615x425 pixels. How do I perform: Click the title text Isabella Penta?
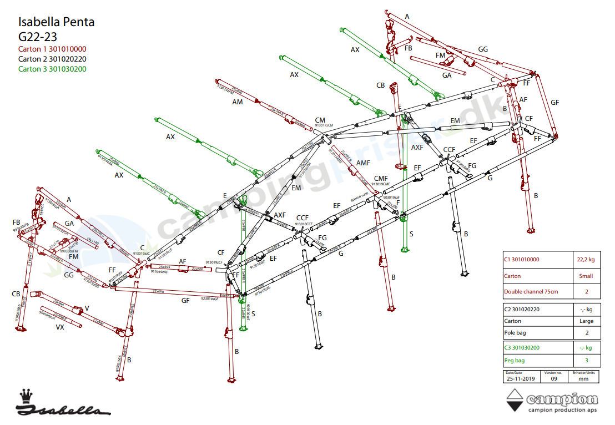[x=56, y=22]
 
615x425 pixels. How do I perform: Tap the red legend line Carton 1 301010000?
[x=52, y=49]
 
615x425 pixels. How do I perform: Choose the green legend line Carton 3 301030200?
[x=52, y=69]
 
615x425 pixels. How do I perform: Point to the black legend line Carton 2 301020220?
[x=52, y=59]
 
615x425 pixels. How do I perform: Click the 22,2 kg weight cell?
[x=586, y=259]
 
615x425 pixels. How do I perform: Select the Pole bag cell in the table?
[x=516, y=332]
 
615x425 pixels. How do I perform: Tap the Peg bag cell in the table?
[x=515, y=361]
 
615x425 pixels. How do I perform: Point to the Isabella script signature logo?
[x=61, y=411]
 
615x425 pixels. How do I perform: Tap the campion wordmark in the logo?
[x=562, y=399]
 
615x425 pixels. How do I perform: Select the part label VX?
[x=60, y=327]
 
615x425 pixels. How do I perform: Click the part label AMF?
[x=363, y=163]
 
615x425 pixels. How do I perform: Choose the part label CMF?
[x=381, y=178]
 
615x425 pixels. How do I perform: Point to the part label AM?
[x=237, y=102]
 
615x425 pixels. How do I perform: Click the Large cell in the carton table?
[x=586, y=321]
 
